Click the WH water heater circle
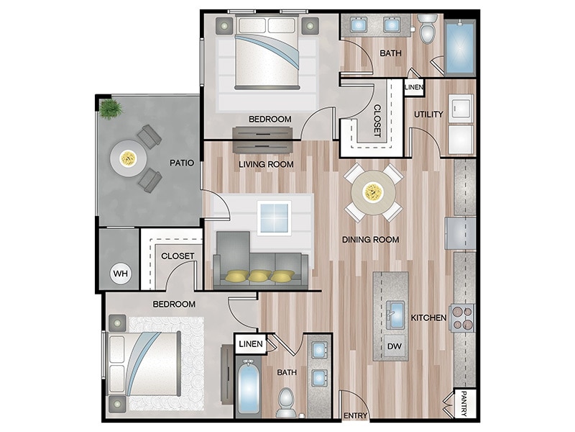(x=119, y=274)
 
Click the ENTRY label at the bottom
(x=356, y=416)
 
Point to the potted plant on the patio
(x=111, y=109)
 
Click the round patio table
(x=128, y=157)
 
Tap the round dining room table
(x=372, y=192)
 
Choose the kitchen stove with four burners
(x=462, y=318)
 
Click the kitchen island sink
(x=395, y=312)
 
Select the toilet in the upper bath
(x=427, y=30)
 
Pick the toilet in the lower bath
(x=286, y=402)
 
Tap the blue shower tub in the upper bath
(x=460, y=47)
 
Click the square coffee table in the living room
(x=274, y=218)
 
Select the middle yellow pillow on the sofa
(x=259, y=275)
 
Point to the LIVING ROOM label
(x=267, y=164)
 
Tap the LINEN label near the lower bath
(x=251, y=344)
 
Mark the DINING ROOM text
(x=371, y=240)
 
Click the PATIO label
(x=182, y=163)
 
